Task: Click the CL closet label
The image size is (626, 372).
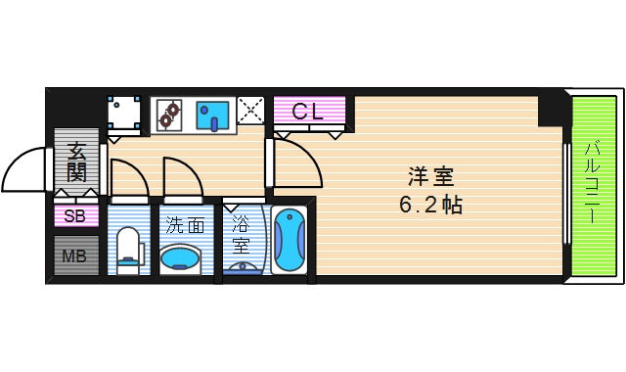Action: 309,111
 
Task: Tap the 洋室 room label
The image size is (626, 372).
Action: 431,178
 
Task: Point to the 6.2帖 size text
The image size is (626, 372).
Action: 430,207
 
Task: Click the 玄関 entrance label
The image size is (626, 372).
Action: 76,163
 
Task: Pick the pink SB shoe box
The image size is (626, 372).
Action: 75,216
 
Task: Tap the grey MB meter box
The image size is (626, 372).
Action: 75,257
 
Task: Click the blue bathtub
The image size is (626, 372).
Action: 290,242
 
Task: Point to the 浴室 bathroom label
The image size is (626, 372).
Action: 241,234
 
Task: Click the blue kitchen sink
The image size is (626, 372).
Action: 212,115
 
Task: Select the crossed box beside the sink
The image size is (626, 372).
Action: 250,114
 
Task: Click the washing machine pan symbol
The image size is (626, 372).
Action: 124,113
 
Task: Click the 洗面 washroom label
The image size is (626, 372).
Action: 184,224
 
